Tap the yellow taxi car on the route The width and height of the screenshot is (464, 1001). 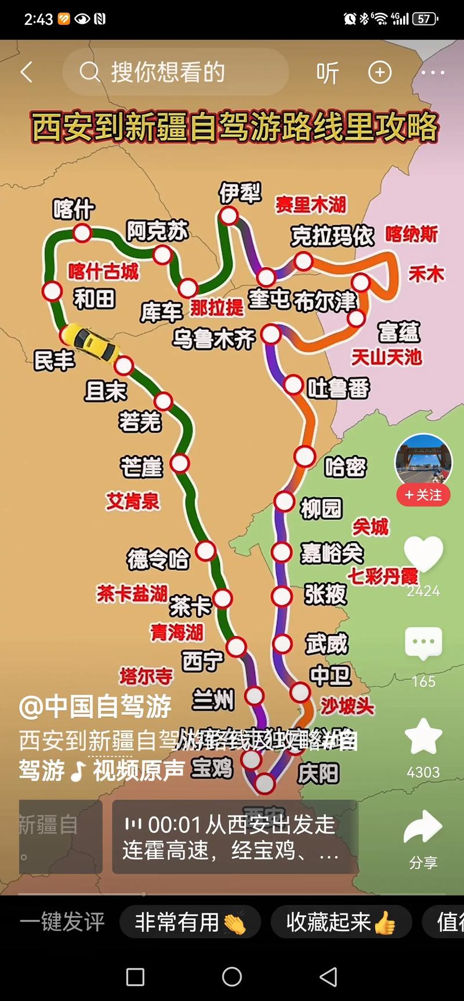point(90,343)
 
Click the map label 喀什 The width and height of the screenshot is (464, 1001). point(73,209)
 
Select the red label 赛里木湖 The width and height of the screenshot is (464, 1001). point(310,205)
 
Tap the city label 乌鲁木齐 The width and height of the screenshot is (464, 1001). point(213,338)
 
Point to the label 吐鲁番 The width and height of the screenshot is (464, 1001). point(338,388)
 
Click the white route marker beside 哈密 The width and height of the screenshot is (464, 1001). point(304,457)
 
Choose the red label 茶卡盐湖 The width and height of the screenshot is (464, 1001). point(132,594)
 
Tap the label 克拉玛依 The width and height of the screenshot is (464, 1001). point(332,235)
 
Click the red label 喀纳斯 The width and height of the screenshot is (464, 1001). point(411,234)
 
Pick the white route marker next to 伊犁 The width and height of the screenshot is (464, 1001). point(229,216)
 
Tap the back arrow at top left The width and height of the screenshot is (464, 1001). point(27,72)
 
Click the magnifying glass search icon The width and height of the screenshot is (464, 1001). point(89,72)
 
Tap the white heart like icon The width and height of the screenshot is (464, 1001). point(423,554)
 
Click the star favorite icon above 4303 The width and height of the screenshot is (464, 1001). point(423,737)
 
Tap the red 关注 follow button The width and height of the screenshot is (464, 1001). point(423,495)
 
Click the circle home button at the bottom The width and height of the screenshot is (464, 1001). point(232,977)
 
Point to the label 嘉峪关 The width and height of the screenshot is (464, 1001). point(331,553)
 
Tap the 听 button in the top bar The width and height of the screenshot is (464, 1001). point(327,73)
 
